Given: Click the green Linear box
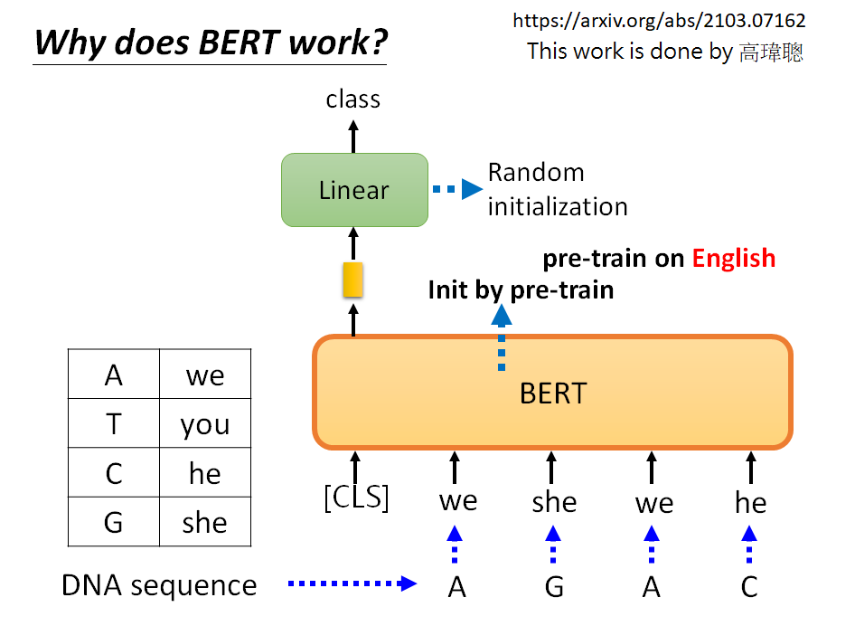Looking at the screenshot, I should coord(354,190).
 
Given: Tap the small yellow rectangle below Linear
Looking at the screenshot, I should coord(352,280).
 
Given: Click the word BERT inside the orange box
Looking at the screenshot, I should coord(553,394).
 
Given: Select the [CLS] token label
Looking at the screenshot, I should coord(356,498).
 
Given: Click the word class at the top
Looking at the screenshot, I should coord(352,99).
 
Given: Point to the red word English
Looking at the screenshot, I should coord(733,258).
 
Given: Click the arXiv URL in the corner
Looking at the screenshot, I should coord(659,20).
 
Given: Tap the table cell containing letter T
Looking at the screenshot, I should coord(114,423).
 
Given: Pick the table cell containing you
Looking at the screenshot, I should coord(205,423).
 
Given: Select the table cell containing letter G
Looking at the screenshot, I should coord(114,522).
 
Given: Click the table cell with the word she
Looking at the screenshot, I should coord(205,522).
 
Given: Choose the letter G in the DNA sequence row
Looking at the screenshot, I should coord(554,587).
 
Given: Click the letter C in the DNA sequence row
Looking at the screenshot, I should coord(749,587).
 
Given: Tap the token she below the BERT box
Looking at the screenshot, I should coord(553,502).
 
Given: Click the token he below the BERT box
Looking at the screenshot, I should coord(750,502).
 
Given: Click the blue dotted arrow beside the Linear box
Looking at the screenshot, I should coord(458,189).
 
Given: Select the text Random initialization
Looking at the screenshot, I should coord(557,189).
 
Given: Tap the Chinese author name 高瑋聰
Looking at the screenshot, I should coord(770,52).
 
